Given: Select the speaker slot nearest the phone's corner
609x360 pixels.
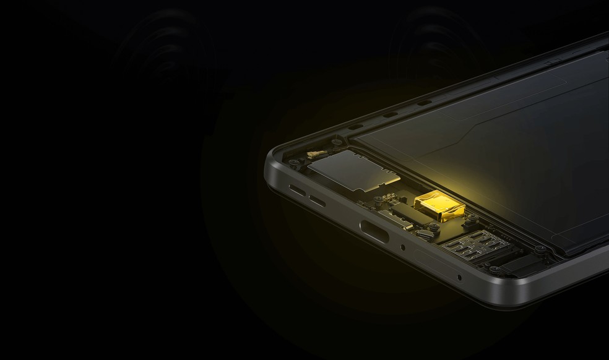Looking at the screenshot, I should (297, 189).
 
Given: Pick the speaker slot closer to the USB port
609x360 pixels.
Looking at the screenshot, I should (318, 200).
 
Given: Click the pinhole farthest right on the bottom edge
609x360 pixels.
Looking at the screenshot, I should (459, 276).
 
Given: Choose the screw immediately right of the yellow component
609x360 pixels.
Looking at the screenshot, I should (470, 219).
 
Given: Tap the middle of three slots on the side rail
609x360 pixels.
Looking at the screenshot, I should (389, 114).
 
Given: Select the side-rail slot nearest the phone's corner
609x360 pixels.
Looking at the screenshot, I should (356, 126).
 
